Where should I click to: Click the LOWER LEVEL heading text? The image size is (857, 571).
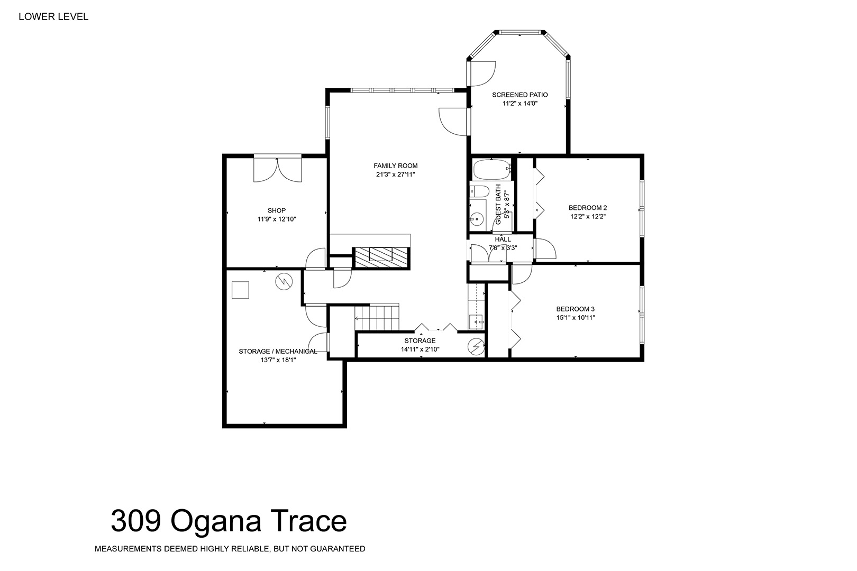click(x=53, y=17)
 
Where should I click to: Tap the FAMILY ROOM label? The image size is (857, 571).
click(x=396, y=166)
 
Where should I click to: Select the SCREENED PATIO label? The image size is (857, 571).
click(x=520, y=95)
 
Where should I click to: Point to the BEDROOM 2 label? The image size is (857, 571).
click(x=588, y=208)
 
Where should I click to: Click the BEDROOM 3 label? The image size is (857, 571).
click(x=576, y=309)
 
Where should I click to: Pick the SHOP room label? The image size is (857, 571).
click(x=277, y=211)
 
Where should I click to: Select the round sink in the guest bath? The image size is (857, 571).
click(x=477, y=219)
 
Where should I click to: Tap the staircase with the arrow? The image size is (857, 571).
click(x=377, y=317)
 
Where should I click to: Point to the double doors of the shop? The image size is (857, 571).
click(x=278, y=169)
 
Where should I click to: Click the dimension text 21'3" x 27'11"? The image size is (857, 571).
click(x=396, y=175)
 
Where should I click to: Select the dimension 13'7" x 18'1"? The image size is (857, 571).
click(x=278, y=360)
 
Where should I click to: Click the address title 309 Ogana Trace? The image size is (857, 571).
click(x=229, y=521)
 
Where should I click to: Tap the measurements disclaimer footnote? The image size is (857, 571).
click(x=230, y=549)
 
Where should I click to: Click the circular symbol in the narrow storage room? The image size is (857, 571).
click(x=476, y=347)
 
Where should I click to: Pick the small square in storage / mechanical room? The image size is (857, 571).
click(x=240, y=290)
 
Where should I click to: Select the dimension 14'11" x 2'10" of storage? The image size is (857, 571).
click(x=420, y=349)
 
